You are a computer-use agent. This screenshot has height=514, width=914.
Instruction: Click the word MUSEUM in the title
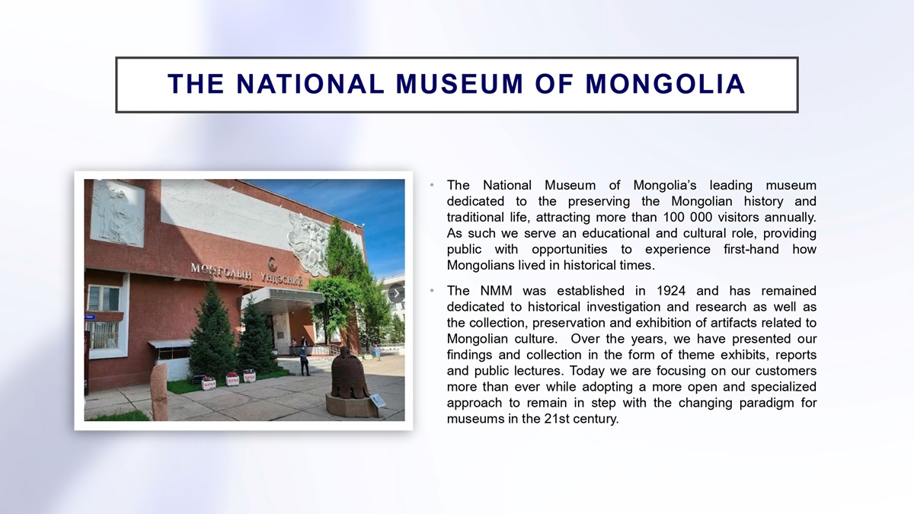pyautogui.click(x=459, y=84)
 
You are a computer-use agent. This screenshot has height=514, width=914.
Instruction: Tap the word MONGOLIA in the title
pyautogui.click(x=665, y=84)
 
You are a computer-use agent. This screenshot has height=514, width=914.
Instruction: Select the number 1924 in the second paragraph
pyautogui.click(x=671, y=291)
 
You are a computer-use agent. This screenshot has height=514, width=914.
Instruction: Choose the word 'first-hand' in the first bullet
pyautogui.click(x=751, y=249)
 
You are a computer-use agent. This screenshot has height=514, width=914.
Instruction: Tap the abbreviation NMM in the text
pyautogui.click(x=496, y=291)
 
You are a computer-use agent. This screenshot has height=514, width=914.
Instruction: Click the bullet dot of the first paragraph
pyautogui.click(x=432, y=186)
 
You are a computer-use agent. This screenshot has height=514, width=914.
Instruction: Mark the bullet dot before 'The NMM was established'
pyautogui.click(x=432, y=291)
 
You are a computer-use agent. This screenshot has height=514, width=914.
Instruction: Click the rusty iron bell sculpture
pyautogui.click(x=350, y=372)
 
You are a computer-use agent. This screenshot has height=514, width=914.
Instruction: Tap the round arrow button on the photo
pyautogui.click(x=396, y=293)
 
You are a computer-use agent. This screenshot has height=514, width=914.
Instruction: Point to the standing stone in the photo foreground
pyautogui.click(x=158, y=391)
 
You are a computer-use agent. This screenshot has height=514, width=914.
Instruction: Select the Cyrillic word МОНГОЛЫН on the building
pyautogui.click(x=222, y=272)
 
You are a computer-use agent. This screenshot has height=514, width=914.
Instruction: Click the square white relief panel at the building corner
pyautogui.click(x=117, y=213)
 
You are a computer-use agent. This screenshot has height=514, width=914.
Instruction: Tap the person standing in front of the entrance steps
pyautogui.click(x=304, y=361)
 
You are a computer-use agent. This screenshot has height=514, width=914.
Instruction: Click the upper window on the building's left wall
pyautogui.click(x=104, y=299)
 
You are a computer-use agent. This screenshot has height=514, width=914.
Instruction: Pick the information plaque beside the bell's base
pyautogui.click(x=378, y=401)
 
